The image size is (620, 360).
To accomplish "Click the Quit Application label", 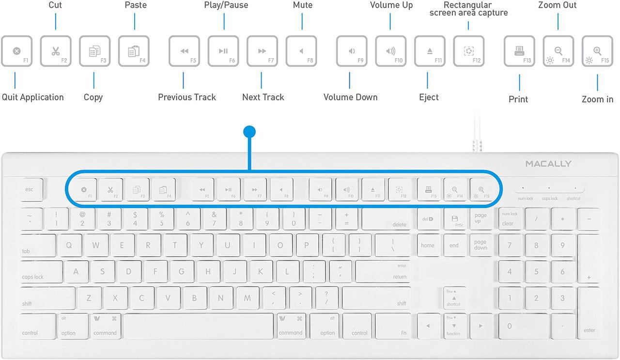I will (x=32, y=97).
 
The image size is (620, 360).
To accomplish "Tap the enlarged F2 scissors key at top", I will (x=56, y=51).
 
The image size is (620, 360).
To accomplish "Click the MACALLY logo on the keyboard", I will (x=548, y=164).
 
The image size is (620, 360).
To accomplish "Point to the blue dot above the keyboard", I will (x=249, y=132).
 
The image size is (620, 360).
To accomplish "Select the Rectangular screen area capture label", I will (x=468, y=9).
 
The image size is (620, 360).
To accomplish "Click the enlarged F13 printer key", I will (x=519, y=51).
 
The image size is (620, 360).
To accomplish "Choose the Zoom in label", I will (x=597, y=99).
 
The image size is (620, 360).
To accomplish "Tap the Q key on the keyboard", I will (x=69, y=245).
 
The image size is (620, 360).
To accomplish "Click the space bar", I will (x=199, y=326).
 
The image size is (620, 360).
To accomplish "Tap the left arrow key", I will (x=428, y=326).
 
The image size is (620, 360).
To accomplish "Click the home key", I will (x=428, y=245).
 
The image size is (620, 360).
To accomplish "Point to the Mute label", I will (x=303, y=5).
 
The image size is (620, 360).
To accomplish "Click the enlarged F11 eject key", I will (x=430, y=51).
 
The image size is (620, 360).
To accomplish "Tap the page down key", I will (x=480, y=245).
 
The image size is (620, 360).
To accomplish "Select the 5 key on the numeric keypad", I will (x=536, y=272).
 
